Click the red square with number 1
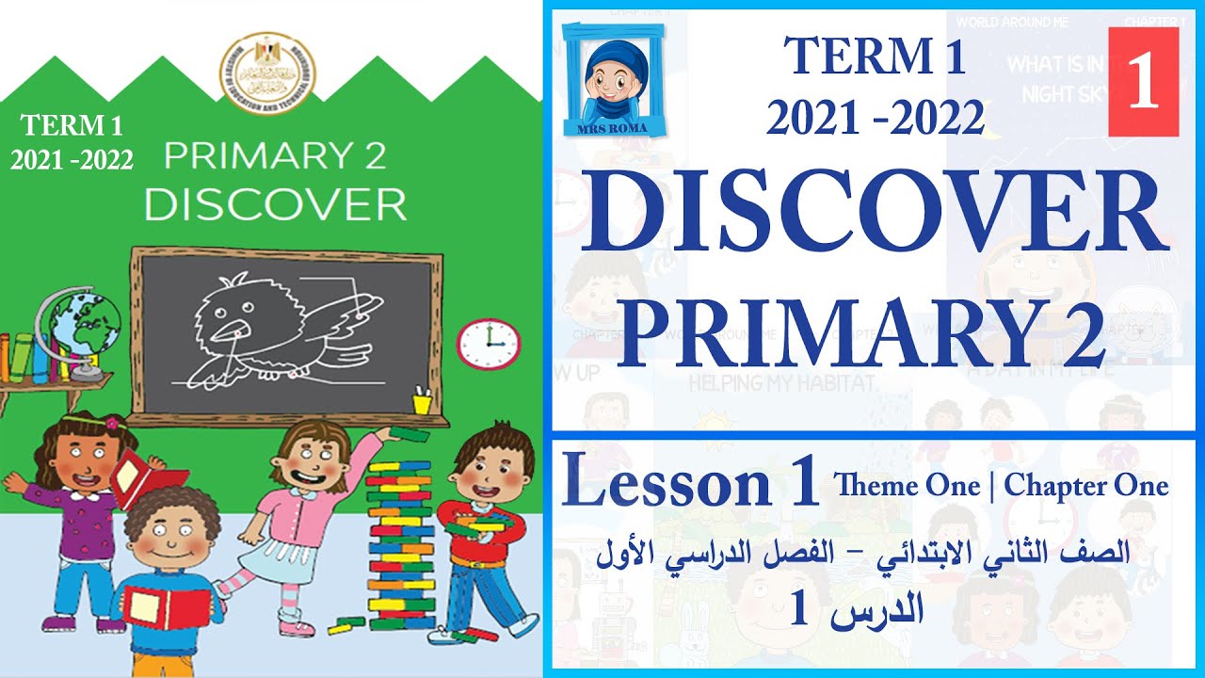click(x=1143, y=82)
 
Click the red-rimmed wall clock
click(x=488, y=344)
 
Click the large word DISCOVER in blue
click(x=874, y=217)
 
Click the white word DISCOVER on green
click(x=275, y=204)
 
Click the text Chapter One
click(x=1086, y=486)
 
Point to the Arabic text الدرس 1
click(x=857, y=611)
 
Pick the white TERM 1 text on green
click(x=72, y=125)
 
